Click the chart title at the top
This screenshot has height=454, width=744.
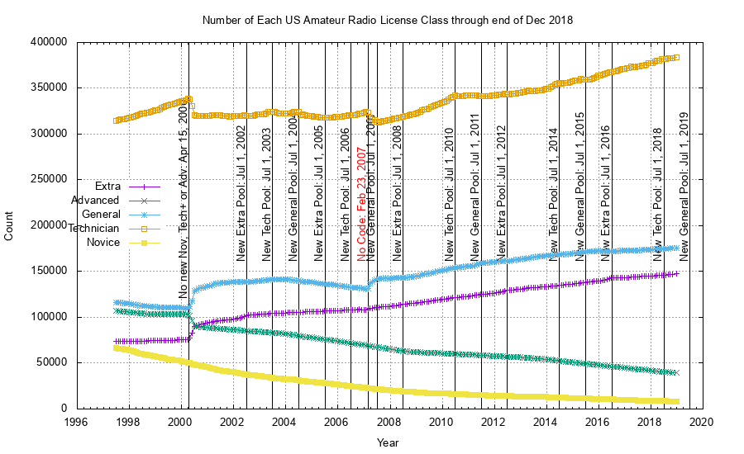point(388,19)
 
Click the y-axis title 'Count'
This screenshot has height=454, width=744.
point(9,225)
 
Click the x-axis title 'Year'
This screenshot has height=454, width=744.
point(388,442)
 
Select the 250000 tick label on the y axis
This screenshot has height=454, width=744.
point(48,180)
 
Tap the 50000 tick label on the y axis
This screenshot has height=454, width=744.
point(51,363)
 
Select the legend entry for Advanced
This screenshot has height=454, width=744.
point(95,201)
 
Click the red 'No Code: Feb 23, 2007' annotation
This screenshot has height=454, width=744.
point(361,204)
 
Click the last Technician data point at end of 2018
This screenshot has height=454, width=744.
point(675,58)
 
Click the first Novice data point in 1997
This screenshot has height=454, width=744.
point(116,348)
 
